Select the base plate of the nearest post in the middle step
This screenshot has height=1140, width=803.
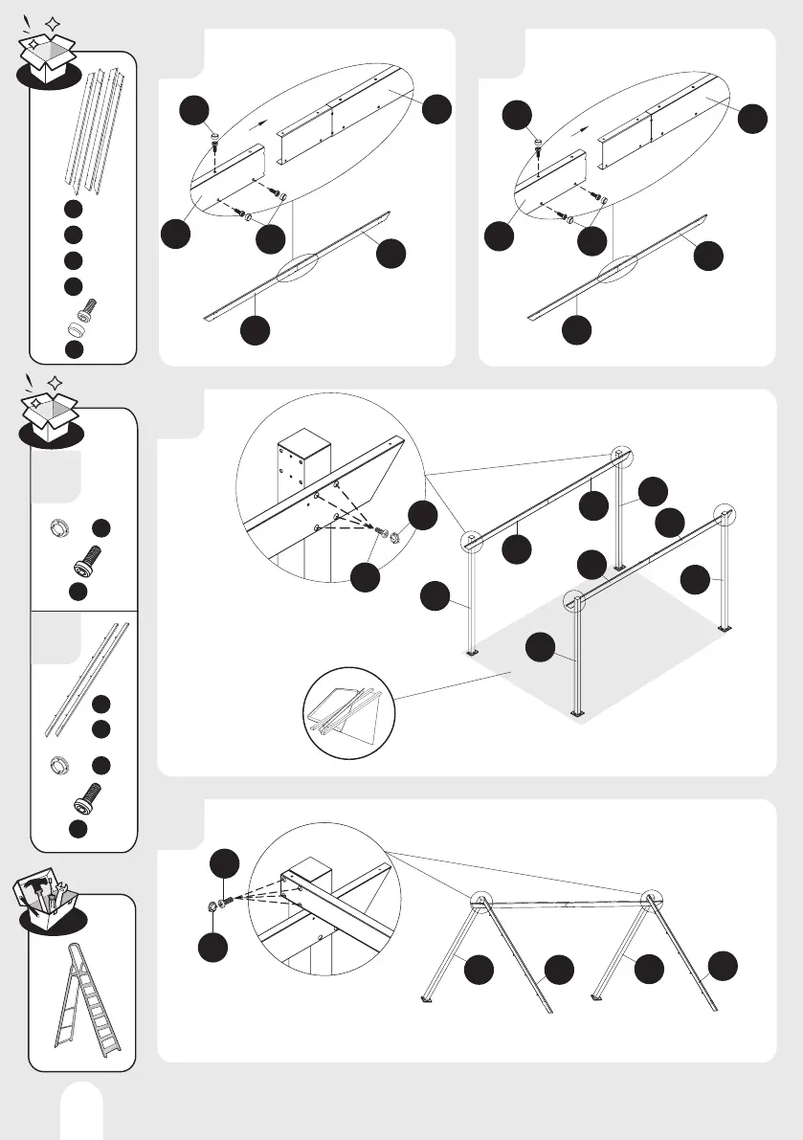576,712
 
